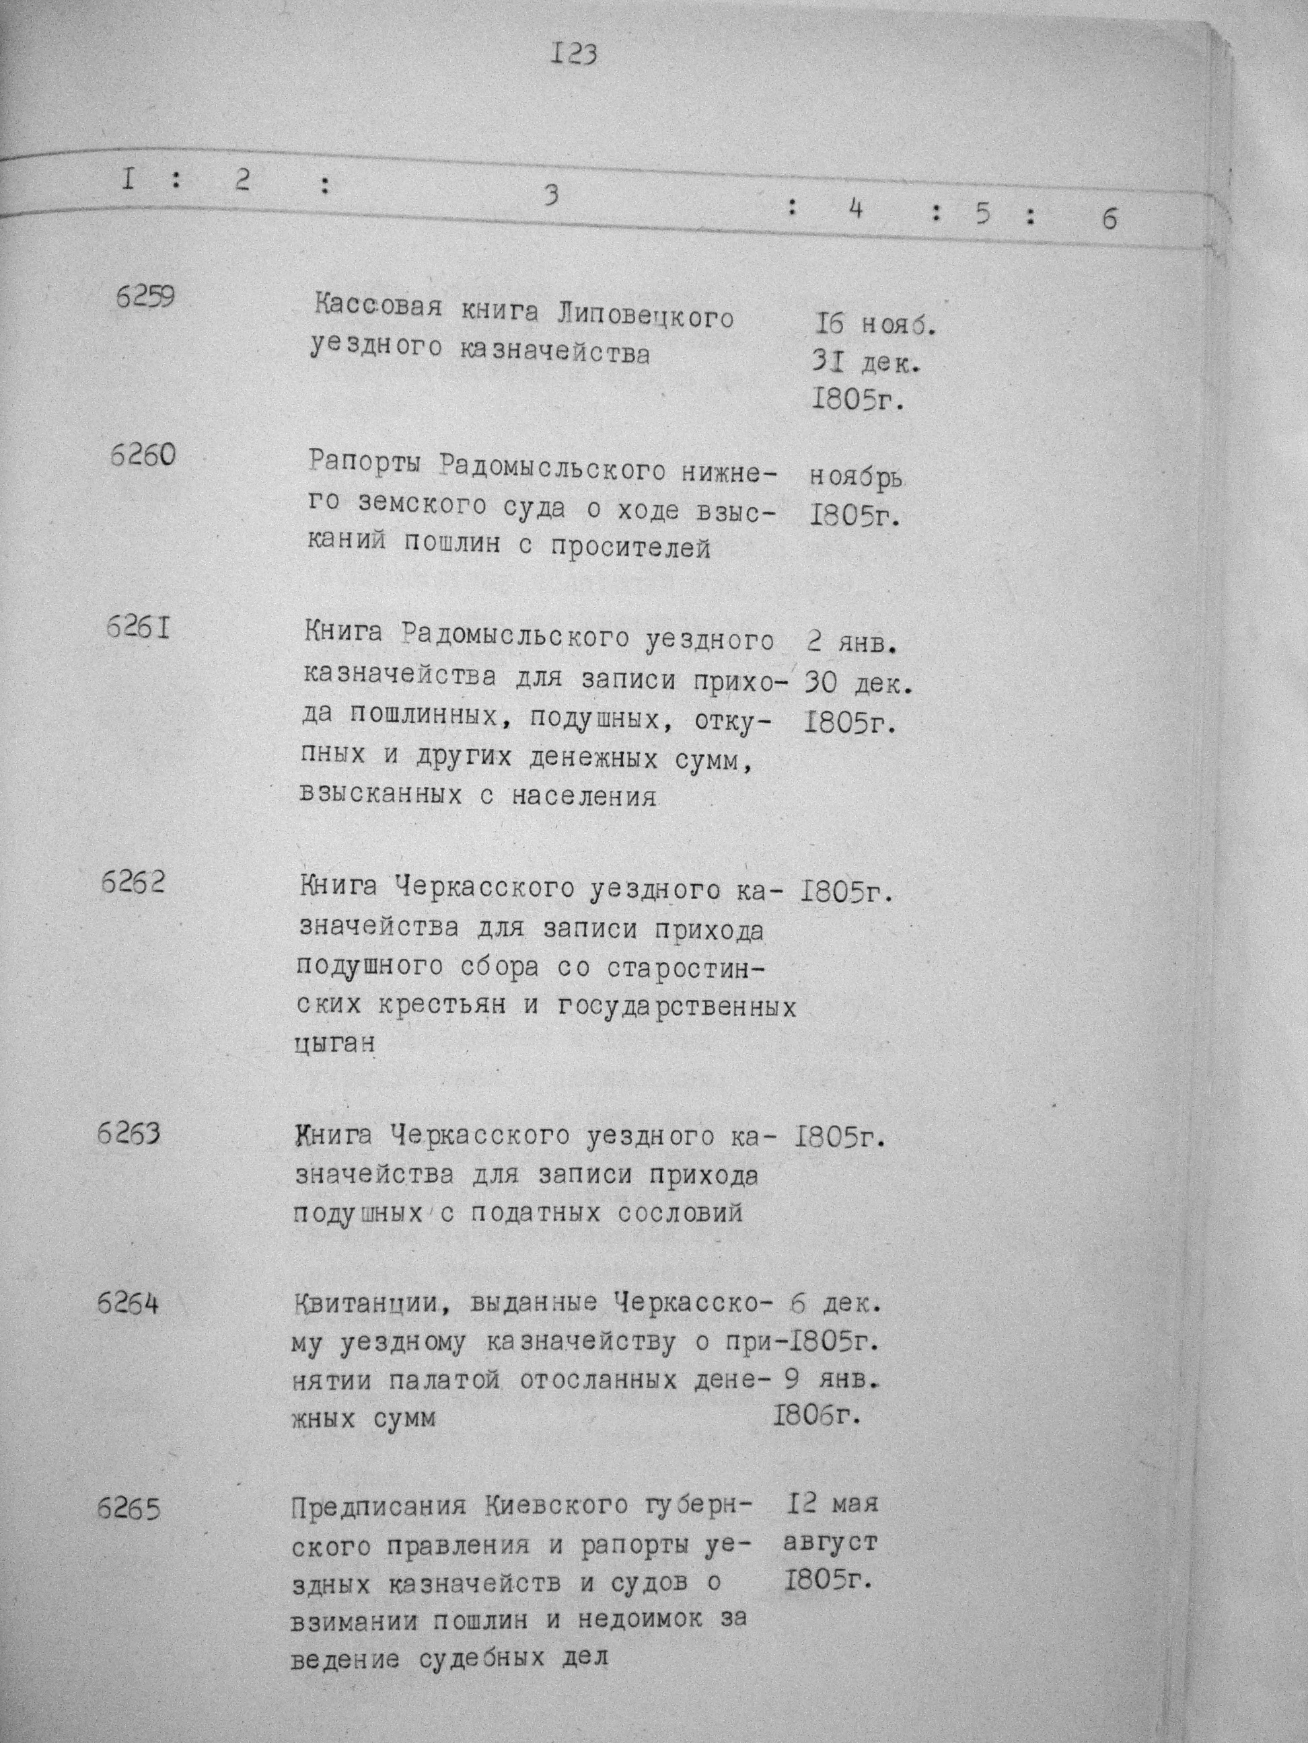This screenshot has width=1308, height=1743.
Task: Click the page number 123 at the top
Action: coord(575,54)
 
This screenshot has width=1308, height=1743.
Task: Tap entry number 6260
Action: coord(142,455)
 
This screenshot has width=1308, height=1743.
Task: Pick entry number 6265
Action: coord(129,1510)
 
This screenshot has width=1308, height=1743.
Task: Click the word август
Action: coord(830,1542)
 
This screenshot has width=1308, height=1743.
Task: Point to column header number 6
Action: coord(1110,219)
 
